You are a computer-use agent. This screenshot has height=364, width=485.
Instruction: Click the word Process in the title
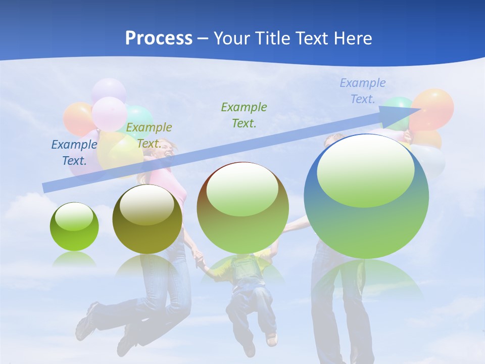click(159, 38)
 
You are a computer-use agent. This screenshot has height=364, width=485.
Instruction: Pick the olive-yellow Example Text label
click(149, 135)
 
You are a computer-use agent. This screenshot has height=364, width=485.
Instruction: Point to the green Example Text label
click(244, 115)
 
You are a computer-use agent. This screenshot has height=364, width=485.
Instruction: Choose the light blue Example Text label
click(363, 91)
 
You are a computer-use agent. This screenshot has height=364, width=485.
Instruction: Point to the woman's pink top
click(172, 182)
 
